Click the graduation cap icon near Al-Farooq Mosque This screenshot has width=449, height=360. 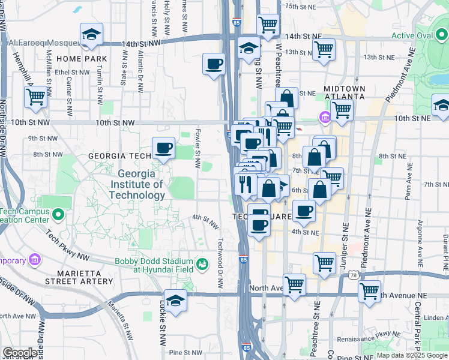tap(91, 35)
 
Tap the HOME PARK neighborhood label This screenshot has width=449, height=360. tap(82, 59)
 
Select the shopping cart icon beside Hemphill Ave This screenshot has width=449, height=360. tap(36, 96)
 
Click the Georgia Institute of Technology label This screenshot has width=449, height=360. tap(137, 184)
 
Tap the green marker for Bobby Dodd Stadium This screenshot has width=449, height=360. tap(203, 263)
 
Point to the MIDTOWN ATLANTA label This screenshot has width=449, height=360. tap(345, 92)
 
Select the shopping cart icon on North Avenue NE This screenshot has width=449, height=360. tap(369, 292)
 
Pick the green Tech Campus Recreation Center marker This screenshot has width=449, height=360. tap(58, 214)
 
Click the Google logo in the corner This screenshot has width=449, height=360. tap(19, 353)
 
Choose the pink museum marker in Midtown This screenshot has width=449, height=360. tap(325, 116)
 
